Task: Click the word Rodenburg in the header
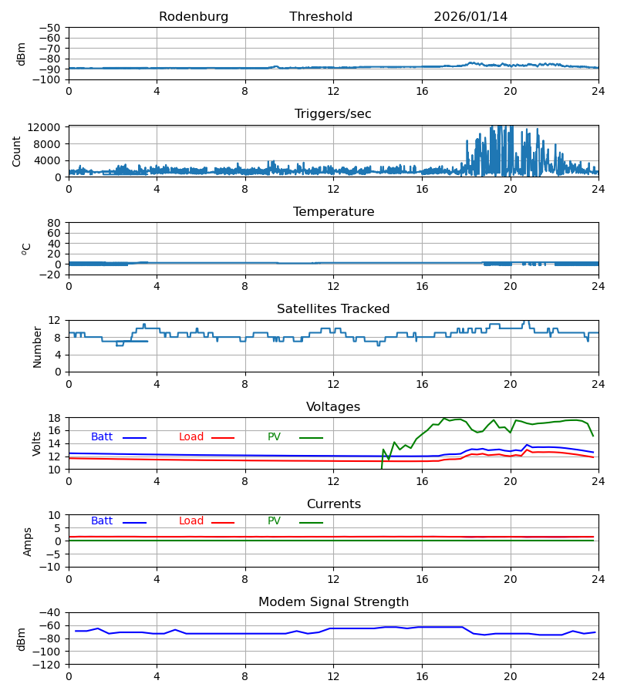pyautogui.click(x=194, y=17)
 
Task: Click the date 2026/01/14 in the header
pyautogui.click(x=470, y=17)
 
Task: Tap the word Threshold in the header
pyautogui.click(x=321, y=17)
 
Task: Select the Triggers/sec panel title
pyautogui.click(x=333, y=114)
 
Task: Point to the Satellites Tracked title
pyautogui.click(x=333, y=309)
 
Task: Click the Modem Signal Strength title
pyautogui.click(x=333, y=602)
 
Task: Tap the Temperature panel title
pyautogui.click(x=333, y=212)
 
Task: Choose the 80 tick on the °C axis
pyautogui.click(x=55, y=223)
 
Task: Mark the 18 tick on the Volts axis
pyautogui.click(x=55, y=418)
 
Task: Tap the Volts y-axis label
pyautogui.click(x=38, y=443)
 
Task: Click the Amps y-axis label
pyautogui.click(x=29, y=541)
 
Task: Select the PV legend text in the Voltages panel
pyautogui.click(x=274, y=437)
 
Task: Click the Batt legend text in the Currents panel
pyautogui.click(x=102, y=521)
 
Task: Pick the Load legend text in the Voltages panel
pyautogui.click(x=191, y=437)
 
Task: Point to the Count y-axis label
pyautogui.click(x=17, y=151)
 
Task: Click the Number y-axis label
pyautogui.click(x=38, y=346)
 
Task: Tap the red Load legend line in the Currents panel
pyautogui.click(x=223, y=523)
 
